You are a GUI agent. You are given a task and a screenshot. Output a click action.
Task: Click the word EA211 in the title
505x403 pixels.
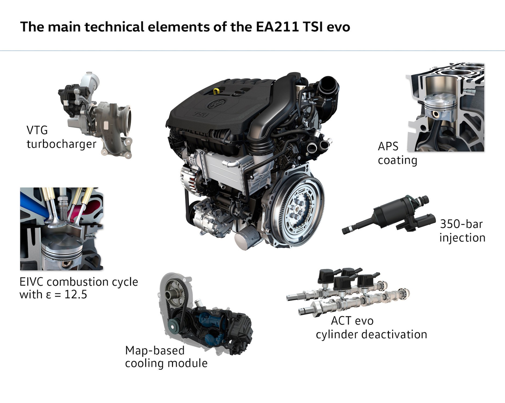click(277, 27)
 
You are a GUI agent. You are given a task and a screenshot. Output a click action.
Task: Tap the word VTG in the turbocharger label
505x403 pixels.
click(37, 130)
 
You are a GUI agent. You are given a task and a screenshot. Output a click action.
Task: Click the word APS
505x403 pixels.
click(388, 146)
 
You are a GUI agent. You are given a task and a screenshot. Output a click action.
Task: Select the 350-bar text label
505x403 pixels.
click(461, 224)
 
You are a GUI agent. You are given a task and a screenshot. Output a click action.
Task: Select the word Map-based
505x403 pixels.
click(155, 351)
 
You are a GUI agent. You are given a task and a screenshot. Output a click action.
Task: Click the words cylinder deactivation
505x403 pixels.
click(371, 335)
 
